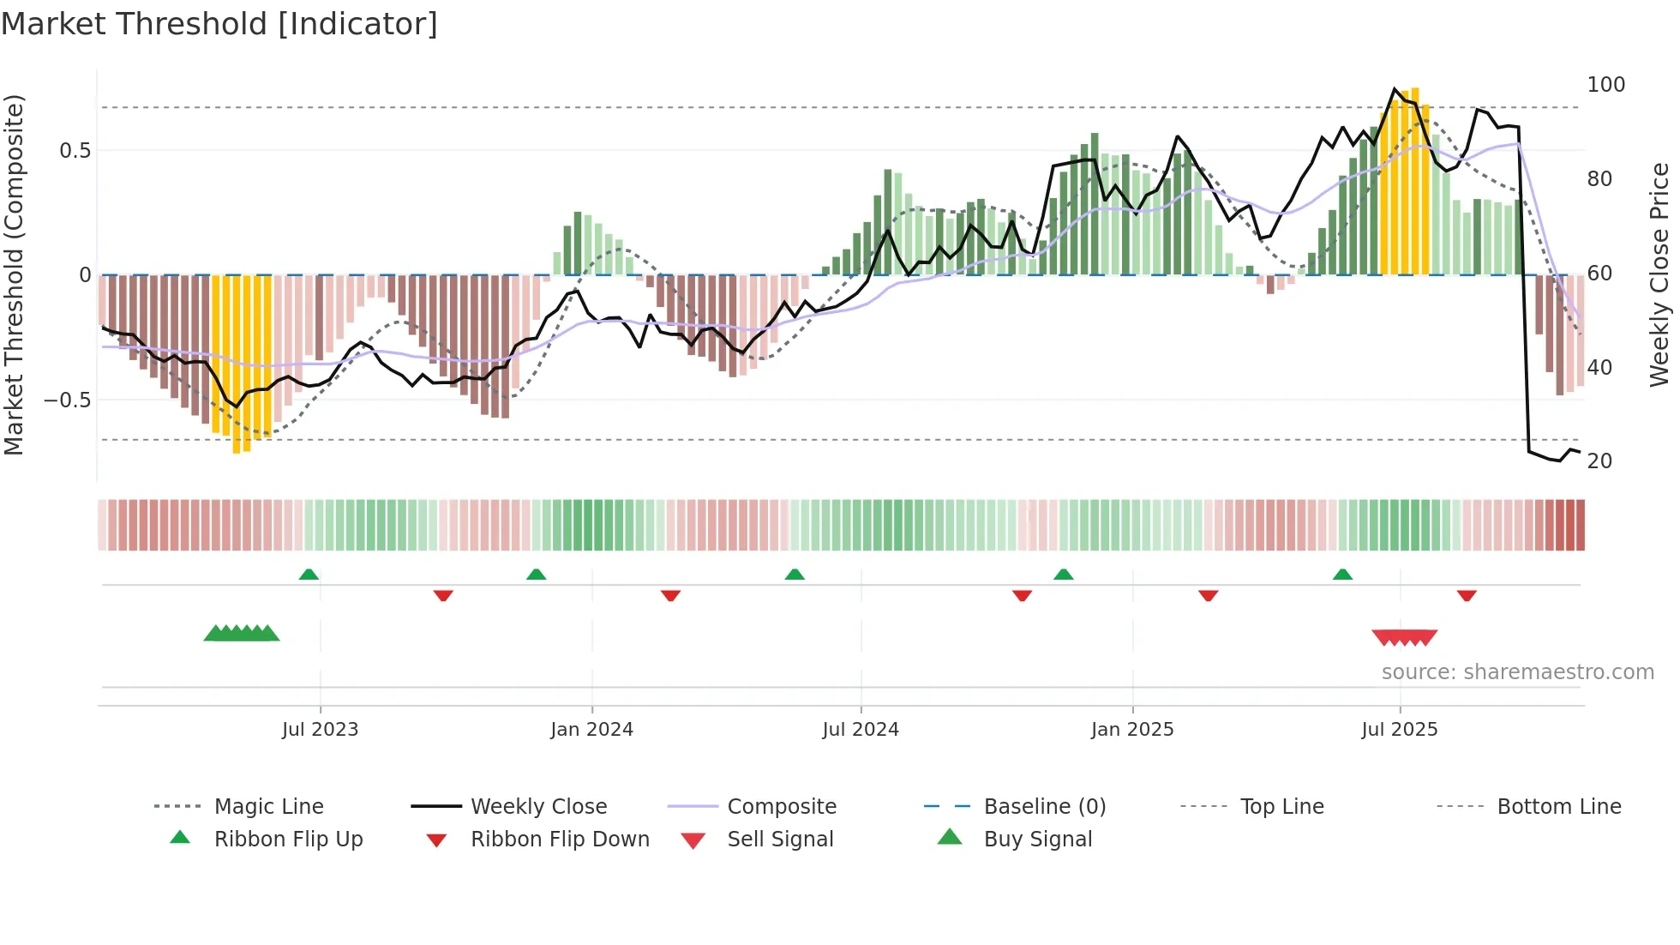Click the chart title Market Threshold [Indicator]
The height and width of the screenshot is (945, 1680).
[219, 24]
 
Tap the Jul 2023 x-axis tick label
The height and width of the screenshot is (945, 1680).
[320, 730]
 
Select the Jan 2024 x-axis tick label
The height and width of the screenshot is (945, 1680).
[591, 730]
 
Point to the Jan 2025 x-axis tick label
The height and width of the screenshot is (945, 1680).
[1132, 730]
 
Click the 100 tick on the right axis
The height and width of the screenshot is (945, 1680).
[1605, 85]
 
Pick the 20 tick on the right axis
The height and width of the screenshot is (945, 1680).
[1599, 461]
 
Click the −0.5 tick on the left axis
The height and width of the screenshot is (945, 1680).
[68, 400]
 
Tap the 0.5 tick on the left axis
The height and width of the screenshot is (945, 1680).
[75, 151]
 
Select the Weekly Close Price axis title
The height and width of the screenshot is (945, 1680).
[1659, 274]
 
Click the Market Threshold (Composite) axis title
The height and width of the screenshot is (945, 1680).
[15, 274]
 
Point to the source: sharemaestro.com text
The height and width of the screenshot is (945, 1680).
[1517, 672]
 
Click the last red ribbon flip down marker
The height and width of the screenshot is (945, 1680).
[1467, 595]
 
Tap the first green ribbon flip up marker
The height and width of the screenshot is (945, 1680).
[309, 575]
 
